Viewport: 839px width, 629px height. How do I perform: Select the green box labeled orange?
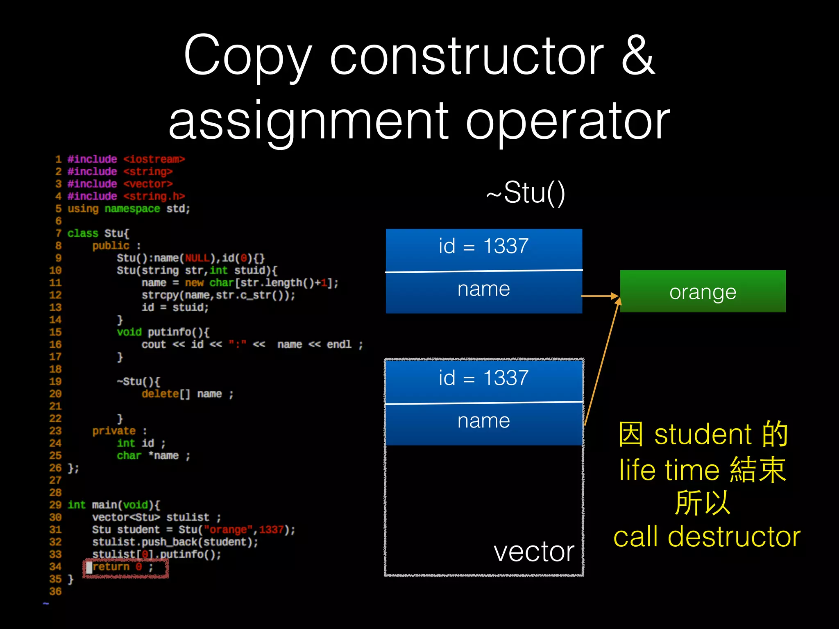pos(703,292)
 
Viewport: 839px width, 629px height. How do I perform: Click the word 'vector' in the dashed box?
pos(533,552)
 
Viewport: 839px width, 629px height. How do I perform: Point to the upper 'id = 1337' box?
pos(483,247)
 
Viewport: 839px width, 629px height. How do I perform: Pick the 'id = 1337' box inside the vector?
pos(483,378)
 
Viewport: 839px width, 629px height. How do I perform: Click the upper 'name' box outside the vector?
pos(483,290)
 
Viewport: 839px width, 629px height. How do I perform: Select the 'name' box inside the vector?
pos(483,422)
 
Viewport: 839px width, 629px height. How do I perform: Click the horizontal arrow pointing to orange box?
pos(600,296)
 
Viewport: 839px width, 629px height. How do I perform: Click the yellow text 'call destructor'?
pos(707,537)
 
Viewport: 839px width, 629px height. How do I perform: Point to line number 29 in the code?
pos(55,505)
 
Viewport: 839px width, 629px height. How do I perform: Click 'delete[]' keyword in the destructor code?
pos(166,394)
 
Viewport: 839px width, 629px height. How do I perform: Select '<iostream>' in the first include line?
pos(154,159)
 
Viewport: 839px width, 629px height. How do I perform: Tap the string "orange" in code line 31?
pos(229,530)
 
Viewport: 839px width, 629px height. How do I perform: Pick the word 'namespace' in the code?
pos(132,209)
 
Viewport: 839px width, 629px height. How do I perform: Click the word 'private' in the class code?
pos(113,431)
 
